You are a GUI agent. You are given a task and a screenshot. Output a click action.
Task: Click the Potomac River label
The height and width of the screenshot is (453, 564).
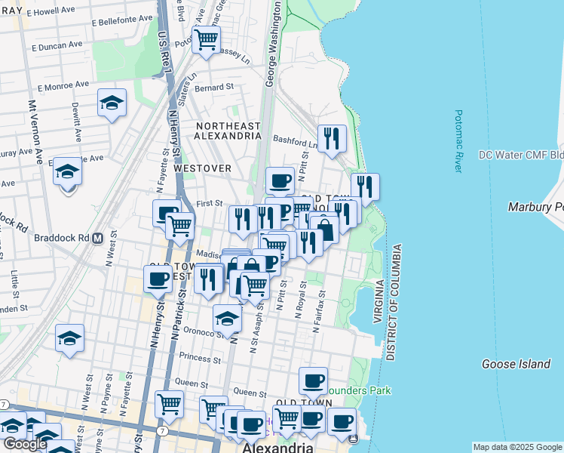458,141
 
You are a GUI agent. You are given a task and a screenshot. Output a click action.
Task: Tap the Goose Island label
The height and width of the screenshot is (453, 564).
516,364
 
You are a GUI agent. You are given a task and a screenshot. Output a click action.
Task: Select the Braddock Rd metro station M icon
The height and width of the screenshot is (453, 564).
97,238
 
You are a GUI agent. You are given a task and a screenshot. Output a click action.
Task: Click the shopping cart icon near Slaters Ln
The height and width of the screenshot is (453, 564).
206,39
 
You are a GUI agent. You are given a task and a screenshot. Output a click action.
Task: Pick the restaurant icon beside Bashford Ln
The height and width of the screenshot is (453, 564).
332,139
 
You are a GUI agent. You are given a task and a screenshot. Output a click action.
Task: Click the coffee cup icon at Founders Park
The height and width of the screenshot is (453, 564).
313,381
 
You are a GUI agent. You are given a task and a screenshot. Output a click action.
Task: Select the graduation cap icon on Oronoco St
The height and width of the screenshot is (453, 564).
227,319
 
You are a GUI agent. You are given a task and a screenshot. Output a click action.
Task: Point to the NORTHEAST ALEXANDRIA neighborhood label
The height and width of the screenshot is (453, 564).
228,131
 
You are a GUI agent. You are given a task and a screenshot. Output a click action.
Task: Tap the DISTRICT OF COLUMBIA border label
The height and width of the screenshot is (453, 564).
391,302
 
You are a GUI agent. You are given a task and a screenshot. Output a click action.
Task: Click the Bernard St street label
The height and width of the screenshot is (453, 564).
213,88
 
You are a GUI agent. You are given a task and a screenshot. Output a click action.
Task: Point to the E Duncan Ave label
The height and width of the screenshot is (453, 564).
57,45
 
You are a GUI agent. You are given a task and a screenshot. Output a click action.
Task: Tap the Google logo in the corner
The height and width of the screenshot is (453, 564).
25,444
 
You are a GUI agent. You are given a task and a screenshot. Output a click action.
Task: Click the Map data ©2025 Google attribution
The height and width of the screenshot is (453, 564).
517,447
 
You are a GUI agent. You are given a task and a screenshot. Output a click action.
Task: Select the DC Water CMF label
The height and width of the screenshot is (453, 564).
521,156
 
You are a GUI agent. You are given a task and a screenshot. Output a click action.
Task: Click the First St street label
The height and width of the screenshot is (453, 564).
210,203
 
